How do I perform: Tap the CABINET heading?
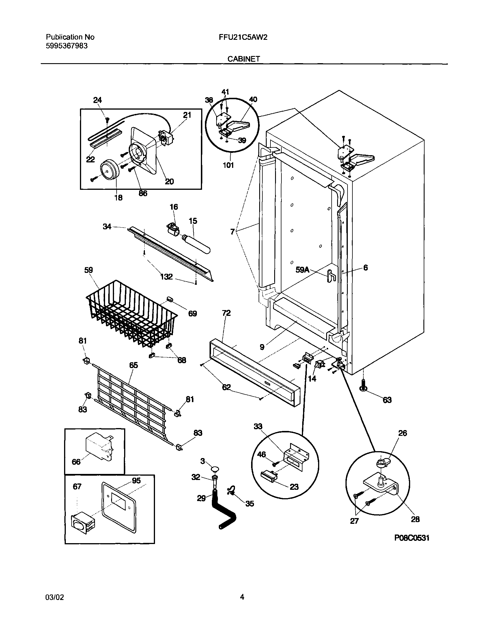243,59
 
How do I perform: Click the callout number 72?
226,313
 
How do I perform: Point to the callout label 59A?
302,270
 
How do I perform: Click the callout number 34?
107,226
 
